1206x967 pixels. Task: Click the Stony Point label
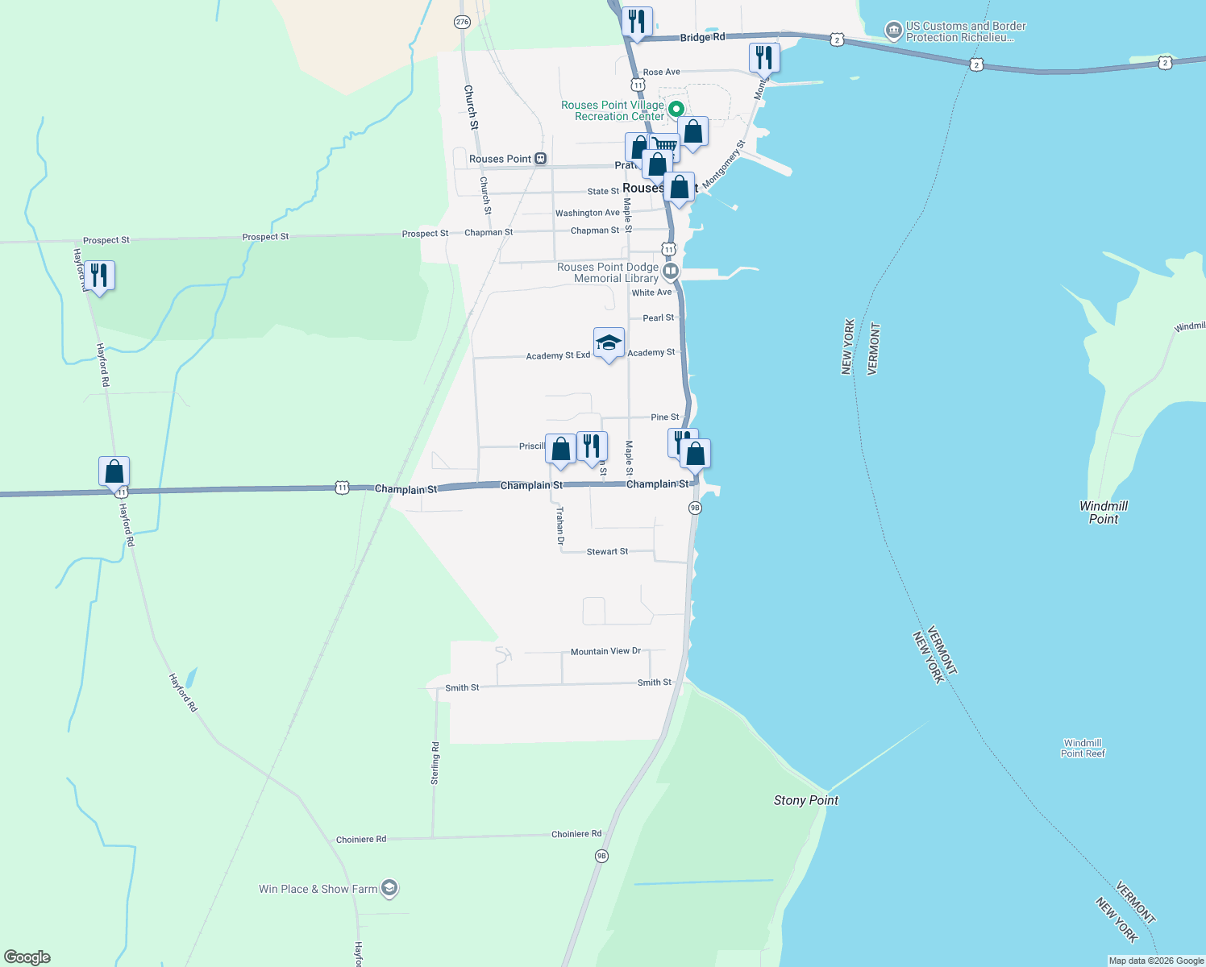click(805, 800)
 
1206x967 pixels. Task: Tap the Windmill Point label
click(1103, 513)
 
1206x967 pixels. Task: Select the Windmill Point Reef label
click(1083, 748)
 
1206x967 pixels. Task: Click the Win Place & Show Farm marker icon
click(389, 888)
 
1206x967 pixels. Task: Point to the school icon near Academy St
click(609, 343)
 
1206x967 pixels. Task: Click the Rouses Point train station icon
click(541, 159)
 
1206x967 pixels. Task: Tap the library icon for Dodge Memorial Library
click(671, 271)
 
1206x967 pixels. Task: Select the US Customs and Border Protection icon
click(893, 31)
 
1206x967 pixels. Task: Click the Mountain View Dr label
click(605, 651)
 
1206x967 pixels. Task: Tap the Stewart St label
click(607, 551)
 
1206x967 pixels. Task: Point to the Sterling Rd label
click(435, 763)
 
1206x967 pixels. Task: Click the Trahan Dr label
click(560, 526)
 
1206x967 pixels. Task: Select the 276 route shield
click(462, 22)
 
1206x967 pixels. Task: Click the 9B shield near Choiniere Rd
click(601, 856)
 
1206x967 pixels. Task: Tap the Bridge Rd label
click(702, 37)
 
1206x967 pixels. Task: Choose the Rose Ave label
click(661, 72)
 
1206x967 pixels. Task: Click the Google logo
click(27, 957)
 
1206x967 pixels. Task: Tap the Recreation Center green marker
click(677, 109)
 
